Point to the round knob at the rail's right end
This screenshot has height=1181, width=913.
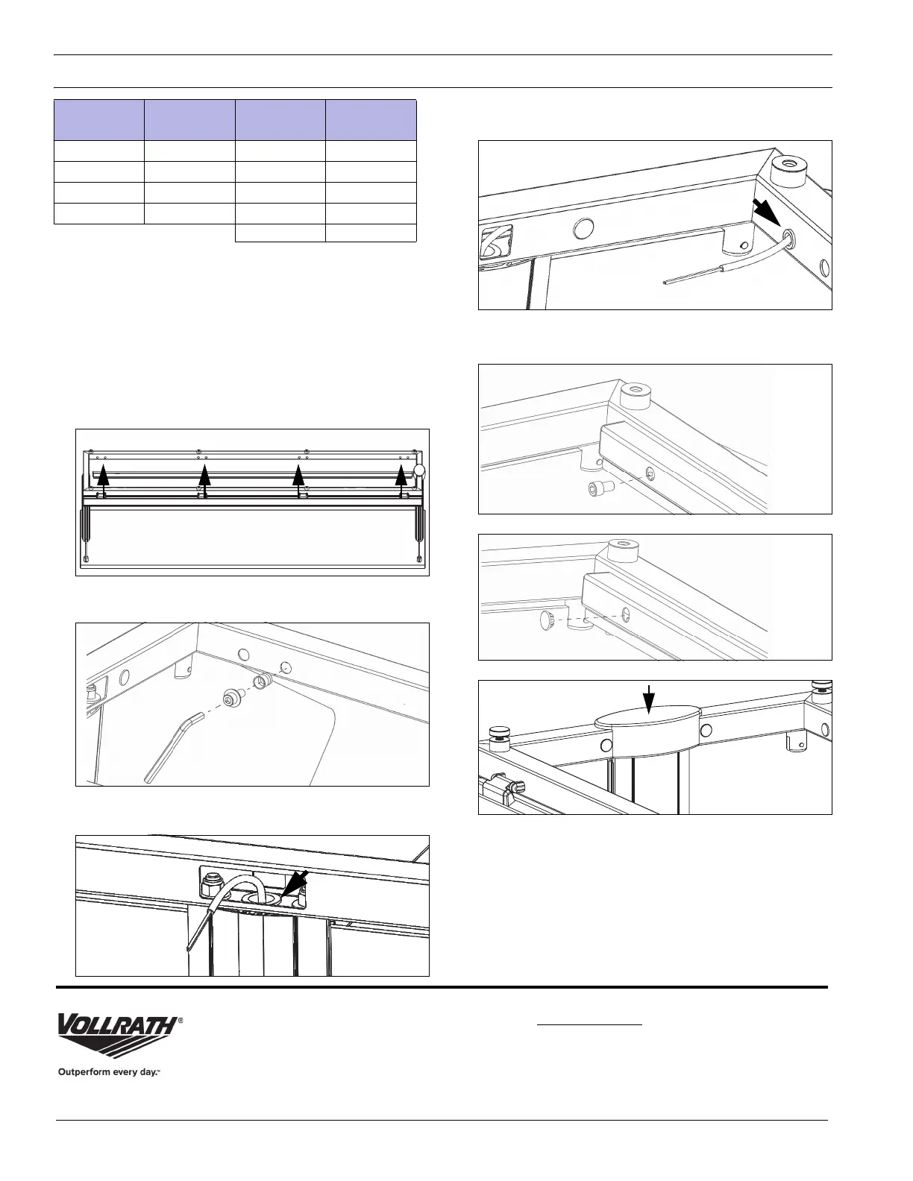pos(420,470)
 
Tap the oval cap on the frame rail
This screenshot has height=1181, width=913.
pos(647,721)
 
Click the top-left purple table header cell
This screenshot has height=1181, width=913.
pos(99,119)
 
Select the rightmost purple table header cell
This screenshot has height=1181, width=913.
pos(371,119)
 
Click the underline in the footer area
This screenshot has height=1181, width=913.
pos(589,1024)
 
